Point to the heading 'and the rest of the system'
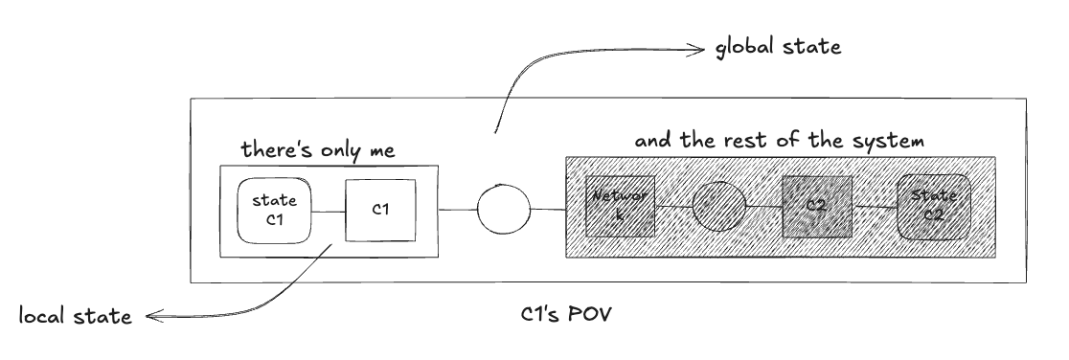click(x=778, y=141)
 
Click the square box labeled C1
click(x=380, y=210)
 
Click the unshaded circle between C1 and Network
click(x=504, y=209)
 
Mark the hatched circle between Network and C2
click(x=719, y=208)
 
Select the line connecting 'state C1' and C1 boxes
click(x=328, y=210)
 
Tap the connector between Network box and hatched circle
click(x=672, y=208)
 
